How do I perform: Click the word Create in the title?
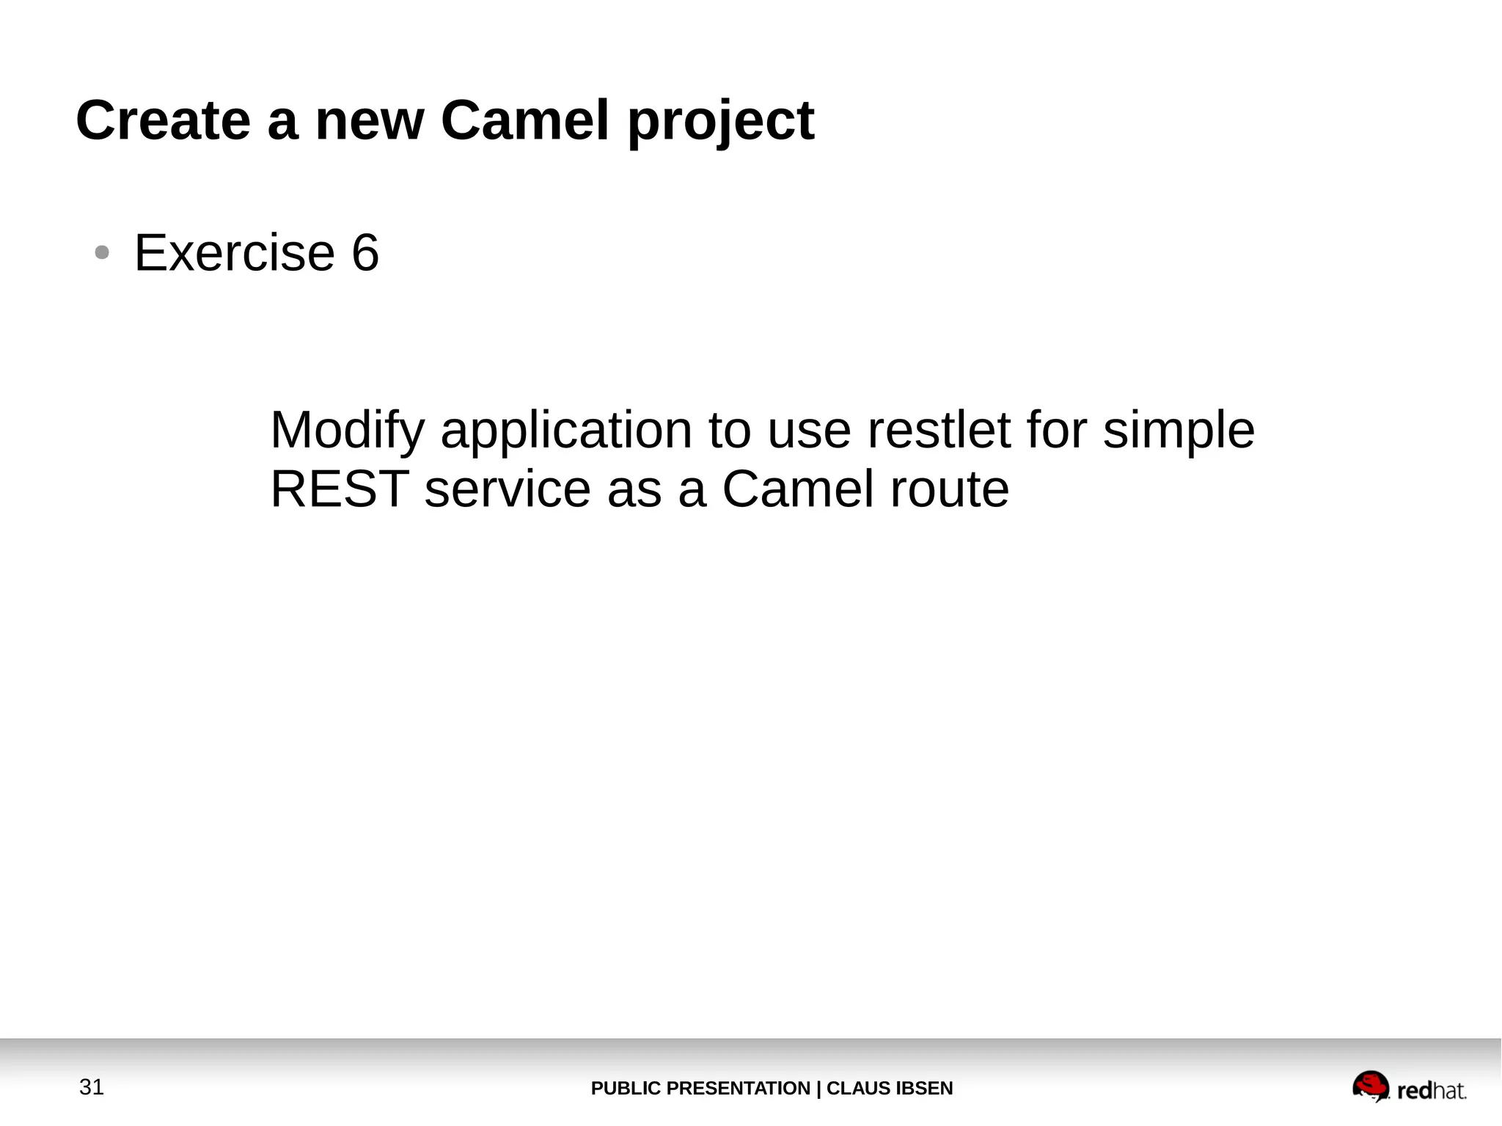(x=163, y=120)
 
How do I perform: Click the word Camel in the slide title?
(x=524, y=120)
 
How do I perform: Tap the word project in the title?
(x=720, y=122)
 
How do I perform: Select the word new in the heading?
(x=369, y=122)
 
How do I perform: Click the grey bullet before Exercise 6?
(x=102, y=253)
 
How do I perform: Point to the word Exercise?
(x=235, y=253)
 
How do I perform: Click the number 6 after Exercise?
(x=365, y=253)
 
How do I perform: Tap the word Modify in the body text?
(x=347, y=431)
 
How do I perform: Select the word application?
(x=565, y=431)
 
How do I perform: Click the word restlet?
(x=938, y=431)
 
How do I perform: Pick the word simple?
(x=1179, y=431)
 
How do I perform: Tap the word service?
(x=508, y=489)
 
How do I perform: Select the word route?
(x=949, y=489)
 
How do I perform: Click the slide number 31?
(x=92, y=1087)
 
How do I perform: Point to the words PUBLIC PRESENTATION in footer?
(x=700, y=1089)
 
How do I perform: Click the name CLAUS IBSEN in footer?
(x=890, y=1089)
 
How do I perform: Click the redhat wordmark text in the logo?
(x=1431, y=1092)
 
